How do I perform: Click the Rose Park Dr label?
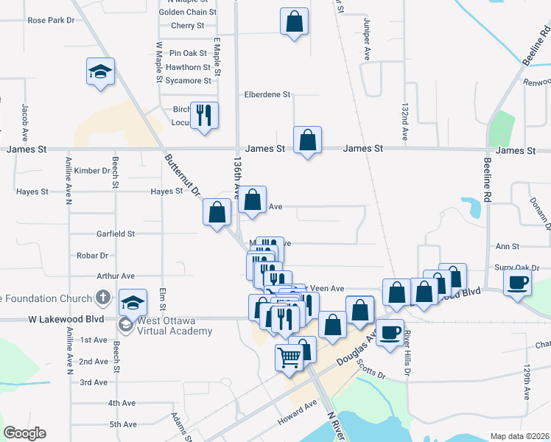51,21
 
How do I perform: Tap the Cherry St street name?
187,26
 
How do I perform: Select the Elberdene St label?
268,94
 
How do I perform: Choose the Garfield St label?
116,234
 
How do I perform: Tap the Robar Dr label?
92,256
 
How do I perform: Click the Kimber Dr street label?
92,171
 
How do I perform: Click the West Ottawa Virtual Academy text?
175,326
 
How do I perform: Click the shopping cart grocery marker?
289,357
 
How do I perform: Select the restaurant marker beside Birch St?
204,115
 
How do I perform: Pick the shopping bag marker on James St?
307,140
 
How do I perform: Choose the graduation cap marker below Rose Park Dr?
101,71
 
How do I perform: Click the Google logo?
24,433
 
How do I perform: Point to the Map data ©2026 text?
519,436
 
